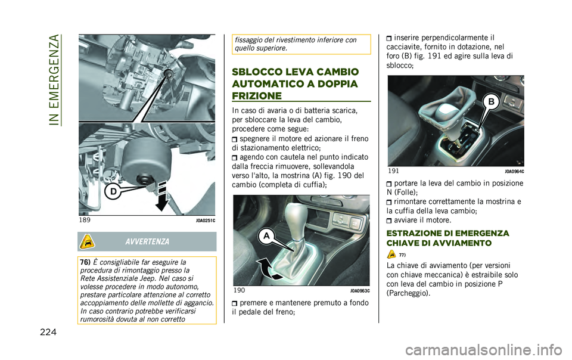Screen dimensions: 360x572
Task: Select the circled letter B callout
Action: [491, 102]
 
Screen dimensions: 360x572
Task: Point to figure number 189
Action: [85, 220]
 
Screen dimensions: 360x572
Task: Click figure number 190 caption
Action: [240, 290]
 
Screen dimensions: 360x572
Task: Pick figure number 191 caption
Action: [394, 171]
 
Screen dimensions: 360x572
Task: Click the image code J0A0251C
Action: [205, 221]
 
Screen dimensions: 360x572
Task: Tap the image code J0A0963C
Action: [359, 291]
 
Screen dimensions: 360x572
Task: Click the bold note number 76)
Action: [83, 262]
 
